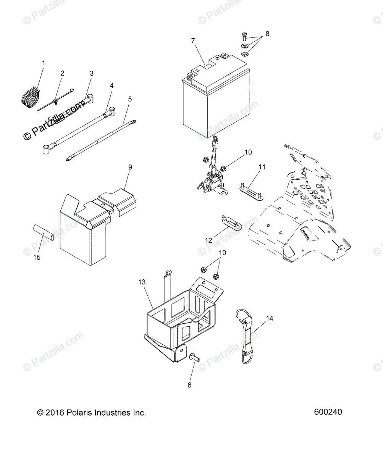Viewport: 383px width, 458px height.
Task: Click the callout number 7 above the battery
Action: [193, 40]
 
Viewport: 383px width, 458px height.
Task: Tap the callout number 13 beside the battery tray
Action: [142, 282]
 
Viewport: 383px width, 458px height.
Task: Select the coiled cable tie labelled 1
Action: [29, 96]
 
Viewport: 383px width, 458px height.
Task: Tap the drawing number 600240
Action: [328, 412]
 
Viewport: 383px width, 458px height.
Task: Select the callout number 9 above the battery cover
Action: [130, 167]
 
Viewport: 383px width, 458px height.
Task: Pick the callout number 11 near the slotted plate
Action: [262, 167]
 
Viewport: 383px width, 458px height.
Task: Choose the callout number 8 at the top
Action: [267, 34]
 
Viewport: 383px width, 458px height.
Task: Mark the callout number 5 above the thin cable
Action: [130, 99]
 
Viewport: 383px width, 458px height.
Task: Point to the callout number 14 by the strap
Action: [270, 318]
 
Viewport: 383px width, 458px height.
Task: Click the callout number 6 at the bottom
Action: [189, 385]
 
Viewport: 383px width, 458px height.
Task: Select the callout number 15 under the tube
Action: [37, 257]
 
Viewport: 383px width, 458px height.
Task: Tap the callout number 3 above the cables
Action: [91, 73]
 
